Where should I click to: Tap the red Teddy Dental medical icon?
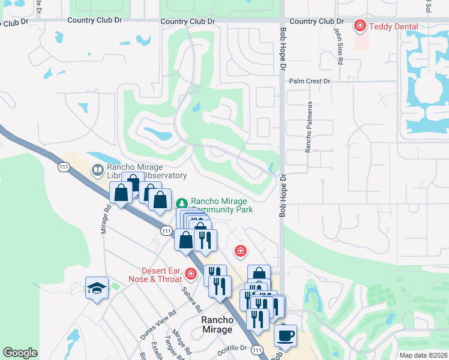click(360, 26)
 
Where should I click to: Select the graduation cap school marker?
click(97, 288)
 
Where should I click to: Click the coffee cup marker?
click(285, 334)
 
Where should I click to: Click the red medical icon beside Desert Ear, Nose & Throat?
click(191, 274)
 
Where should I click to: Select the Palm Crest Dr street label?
click(310, 81)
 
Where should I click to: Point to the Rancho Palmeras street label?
click(310, 127)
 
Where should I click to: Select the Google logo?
click(20, 353)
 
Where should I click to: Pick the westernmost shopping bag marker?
click(121, 193)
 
